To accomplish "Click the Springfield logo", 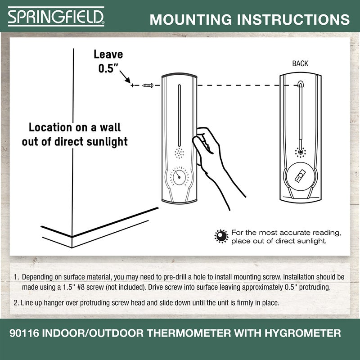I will (56, 17).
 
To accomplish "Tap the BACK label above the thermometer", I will (300, 63).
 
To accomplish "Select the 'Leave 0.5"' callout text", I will (108, 62).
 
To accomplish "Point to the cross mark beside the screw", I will (132, 85).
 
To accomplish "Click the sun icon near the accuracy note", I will (221, 236).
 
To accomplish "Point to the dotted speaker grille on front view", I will (179, 153).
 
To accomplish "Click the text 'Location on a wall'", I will (75, 127).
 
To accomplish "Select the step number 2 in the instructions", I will (16, 303).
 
